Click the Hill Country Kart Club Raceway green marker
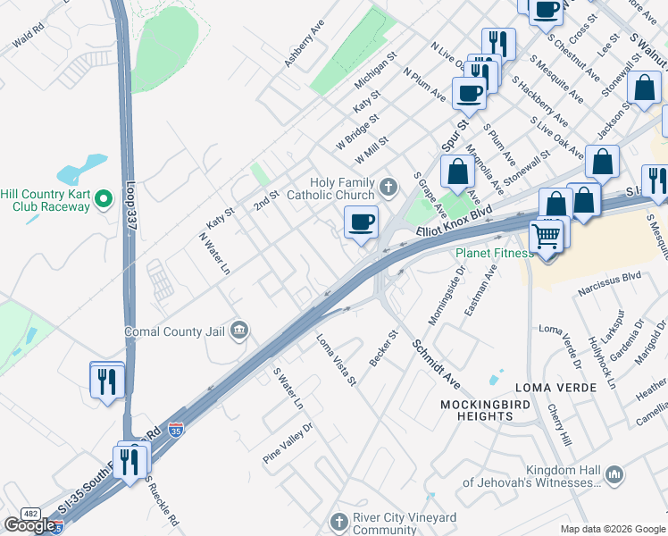[104, 197]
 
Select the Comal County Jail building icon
[238, 331]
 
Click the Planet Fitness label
[494, 253]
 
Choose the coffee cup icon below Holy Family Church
[361, 222]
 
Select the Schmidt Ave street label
[436, 362]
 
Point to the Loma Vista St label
[337, 360]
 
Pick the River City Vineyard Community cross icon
[338, 521]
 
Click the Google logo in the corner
[31, 524]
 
